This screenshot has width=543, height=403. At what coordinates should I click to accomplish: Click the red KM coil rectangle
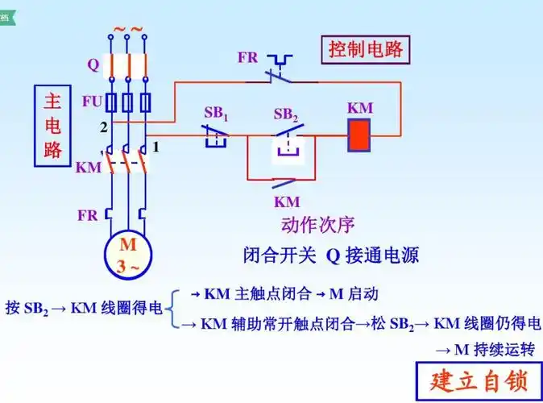tap(359, 135)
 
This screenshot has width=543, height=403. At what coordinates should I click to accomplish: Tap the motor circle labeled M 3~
tap(128, 255)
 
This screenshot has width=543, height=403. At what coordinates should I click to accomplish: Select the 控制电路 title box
tap(366, 50)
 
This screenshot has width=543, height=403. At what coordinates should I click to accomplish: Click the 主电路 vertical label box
tap(52, 126)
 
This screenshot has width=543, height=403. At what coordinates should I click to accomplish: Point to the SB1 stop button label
tap(216, 114)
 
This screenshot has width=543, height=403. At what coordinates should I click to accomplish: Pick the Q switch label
tap(93, 64)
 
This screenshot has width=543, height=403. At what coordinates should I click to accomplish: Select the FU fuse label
tap(93, 102)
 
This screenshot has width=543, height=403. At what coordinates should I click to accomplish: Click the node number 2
tap(103, 127)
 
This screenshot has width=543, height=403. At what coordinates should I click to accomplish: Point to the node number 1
tap(156, 147)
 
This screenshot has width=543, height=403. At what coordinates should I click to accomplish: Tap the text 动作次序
tap(317, 225)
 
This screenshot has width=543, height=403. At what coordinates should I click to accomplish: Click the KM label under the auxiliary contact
tap(287, 201)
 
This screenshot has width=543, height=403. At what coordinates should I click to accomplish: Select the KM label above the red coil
tap(359, 108)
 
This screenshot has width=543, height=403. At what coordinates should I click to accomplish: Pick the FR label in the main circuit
tap(88, 215)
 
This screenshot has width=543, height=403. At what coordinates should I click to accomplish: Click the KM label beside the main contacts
tap(88, 168)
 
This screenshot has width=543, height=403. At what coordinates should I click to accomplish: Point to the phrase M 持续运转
tap(485, 350)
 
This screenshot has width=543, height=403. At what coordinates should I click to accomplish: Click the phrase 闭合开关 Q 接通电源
tap(331, 256)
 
